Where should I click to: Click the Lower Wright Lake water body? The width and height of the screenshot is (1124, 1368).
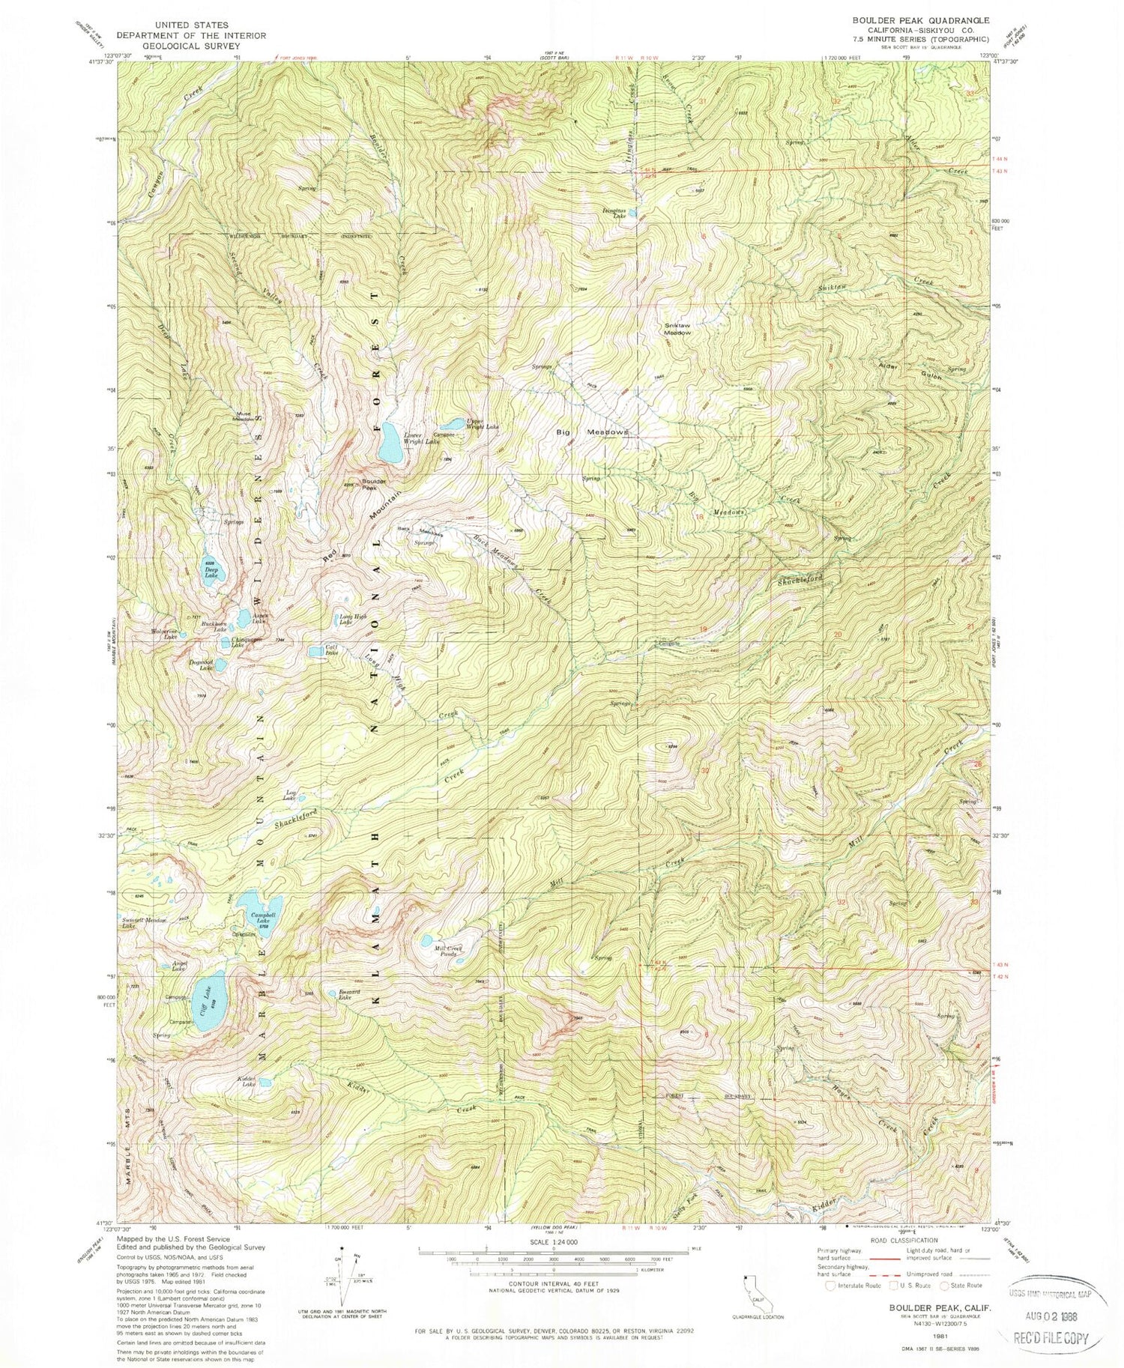(x=390, y=444)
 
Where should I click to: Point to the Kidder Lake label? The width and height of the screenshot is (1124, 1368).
(x=247, y=1081)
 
